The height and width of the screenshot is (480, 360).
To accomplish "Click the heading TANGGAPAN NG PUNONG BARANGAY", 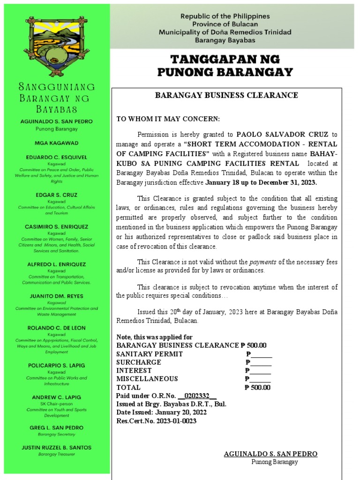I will (x=225, y=66).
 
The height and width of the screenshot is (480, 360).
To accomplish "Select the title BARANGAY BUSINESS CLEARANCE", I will (x=226, y=95).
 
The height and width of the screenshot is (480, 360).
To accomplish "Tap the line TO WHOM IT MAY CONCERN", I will (x=168, y=119).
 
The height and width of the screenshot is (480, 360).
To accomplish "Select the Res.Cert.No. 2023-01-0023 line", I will (x=156, y=421).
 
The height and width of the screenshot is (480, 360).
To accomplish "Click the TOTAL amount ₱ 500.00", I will (x=257, y=387).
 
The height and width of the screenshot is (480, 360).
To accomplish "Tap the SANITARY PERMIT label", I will (x=150, y=354).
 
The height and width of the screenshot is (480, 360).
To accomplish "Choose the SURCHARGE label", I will (x=139, y=362).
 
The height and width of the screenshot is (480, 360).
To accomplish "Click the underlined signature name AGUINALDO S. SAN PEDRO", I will (x=270, y=454).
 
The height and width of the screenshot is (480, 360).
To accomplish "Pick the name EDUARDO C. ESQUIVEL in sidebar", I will (x=56, y=157).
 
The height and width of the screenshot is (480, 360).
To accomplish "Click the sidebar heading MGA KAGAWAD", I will (x=56, y=142).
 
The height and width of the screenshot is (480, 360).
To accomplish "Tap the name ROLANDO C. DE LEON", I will (x=56, y=328).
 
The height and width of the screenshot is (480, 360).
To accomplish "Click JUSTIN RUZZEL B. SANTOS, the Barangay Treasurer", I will (x=56, y=448).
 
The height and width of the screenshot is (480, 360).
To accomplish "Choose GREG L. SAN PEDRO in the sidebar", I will (x=56, y=427).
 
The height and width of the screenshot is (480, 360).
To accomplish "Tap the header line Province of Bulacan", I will (x=225, y=24).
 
